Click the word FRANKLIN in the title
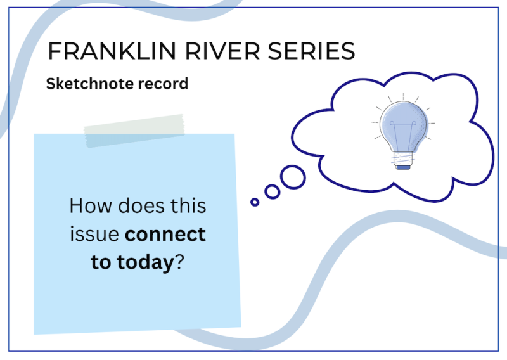112,51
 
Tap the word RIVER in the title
222,51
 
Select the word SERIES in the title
311,51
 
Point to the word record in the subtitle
163,84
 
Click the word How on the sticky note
91,206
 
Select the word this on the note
188,205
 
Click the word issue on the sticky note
94,234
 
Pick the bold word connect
165,235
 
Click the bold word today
146,262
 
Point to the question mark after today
179,262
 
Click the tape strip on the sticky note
134,131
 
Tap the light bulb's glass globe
404,124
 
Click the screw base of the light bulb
403,160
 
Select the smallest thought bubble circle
255,202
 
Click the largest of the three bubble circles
293,177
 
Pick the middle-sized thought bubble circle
273,192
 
